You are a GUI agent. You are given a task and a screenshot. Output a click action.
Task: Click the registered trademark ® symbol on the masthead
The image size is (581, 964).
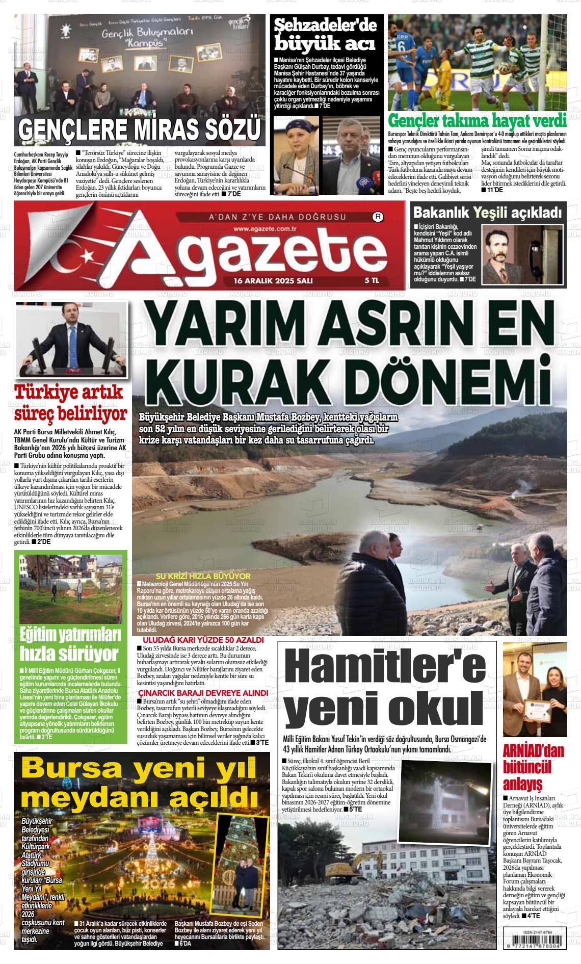point(378,217)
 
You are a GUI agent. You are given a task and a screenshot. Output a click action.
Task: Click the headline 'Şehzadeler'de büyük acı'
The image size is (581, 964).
point(325,35)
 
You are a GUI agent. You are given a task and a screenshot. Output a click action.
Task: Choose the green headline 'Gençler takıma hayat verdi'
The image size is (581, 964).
point(477,121)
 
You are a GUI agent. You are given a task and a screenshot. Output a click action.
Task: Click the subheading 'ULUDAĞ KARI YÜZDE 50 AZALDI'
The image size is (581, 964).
point(203,640)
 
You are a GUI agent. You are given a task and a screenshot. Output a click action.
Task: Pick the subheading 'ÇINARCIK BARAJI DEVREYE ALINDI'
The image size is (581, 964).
point(203,693)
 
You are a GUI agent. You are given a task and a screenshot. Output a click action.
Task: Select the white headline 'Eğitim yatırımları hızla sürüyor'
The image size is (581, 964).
point(70,644)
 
